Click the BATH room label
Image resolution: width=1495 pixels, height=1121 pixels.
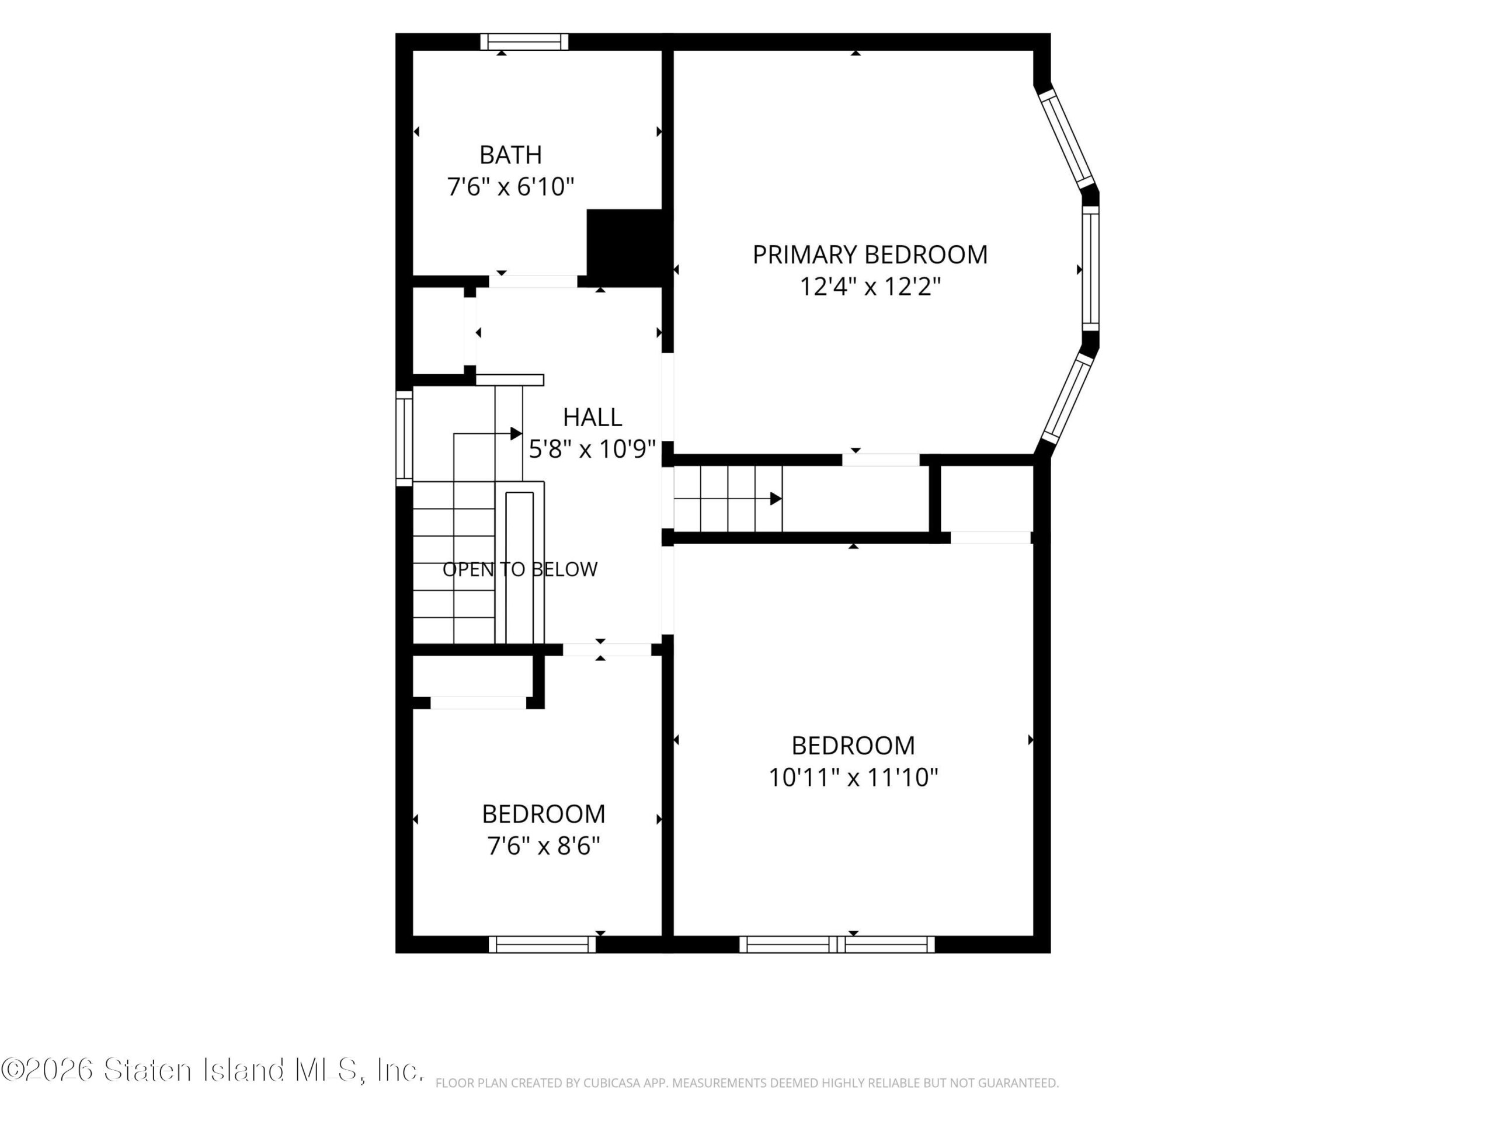pyautogui.click(x=510, y=155)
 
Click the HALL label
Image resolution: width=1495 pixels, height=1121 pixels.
pyautogui.click(x=592, y=417)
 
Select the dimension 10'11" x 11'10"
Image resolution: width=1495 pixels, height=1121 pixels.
pyautogui.click(x=853, y=778)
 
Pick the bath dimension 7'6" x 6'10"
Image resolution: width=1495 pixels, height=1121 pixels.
pyautogui.click(x=510, y=186)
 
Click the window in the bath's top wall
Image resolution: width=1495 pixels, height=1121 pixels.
pyautogui.click(x=524, y=42)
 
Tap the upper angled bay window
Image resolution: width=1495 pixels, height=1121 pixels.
pyautogui.click(x=1066, y=138)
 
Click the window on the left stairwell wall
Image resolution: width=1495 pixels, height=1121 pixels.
pyautogui.click(x=404, y=438)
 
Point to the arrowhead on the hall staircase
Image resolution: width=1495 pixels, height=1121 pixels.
pyautogui.click(x=516, y=433)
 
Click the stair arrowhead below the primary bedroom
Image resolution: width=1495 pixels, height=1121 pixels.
pyautogui.click(x=776, y=499)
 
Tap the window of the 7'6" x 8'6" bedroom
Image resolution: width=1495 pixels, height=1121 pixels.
pyautogui.click(x=542, y=944)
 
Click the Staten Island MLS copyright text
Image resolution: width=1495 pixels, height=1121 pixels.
pyautogui.click(x=212, y=1070)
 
